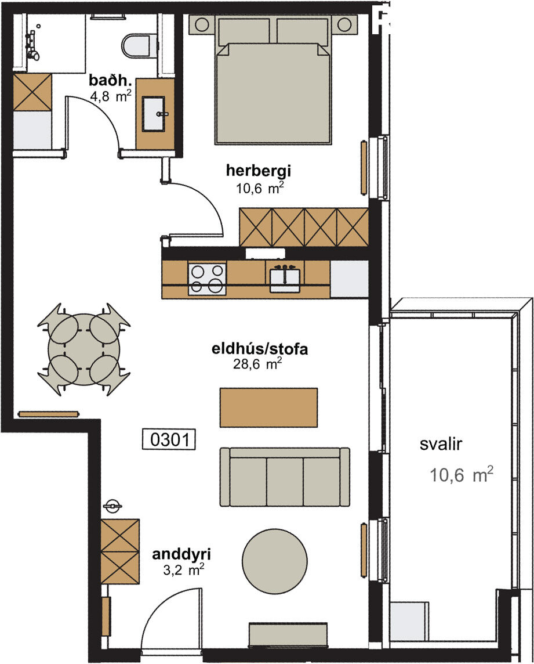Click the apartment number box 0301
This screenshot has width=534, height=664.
click(168, 440)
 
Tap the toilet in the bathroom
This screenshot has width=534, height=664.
click(136, 46)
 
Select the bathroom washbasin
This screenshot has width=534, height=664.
click(154, 114)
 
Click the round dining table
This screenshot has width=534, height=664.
click(83, 350)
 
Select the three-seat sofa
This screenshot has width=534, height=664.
click(285, 477)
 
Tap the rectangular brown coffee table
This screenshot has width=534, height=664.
click(268, 407)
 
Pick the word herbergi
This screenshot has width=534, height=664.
click(259, 171)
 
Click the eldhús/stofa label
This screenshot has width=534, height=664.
click(259, 349)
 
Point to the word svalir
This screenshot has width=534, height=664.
click(441, 444)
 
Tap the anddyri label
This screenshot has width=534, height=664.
click(181, 554)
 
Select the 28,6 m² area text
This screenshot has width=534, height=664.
click(257, 364)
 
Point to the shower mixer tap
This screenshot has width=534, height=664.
click(32, 45)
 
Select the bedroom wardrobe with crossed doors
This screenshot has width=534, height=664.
click(304, 227)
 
